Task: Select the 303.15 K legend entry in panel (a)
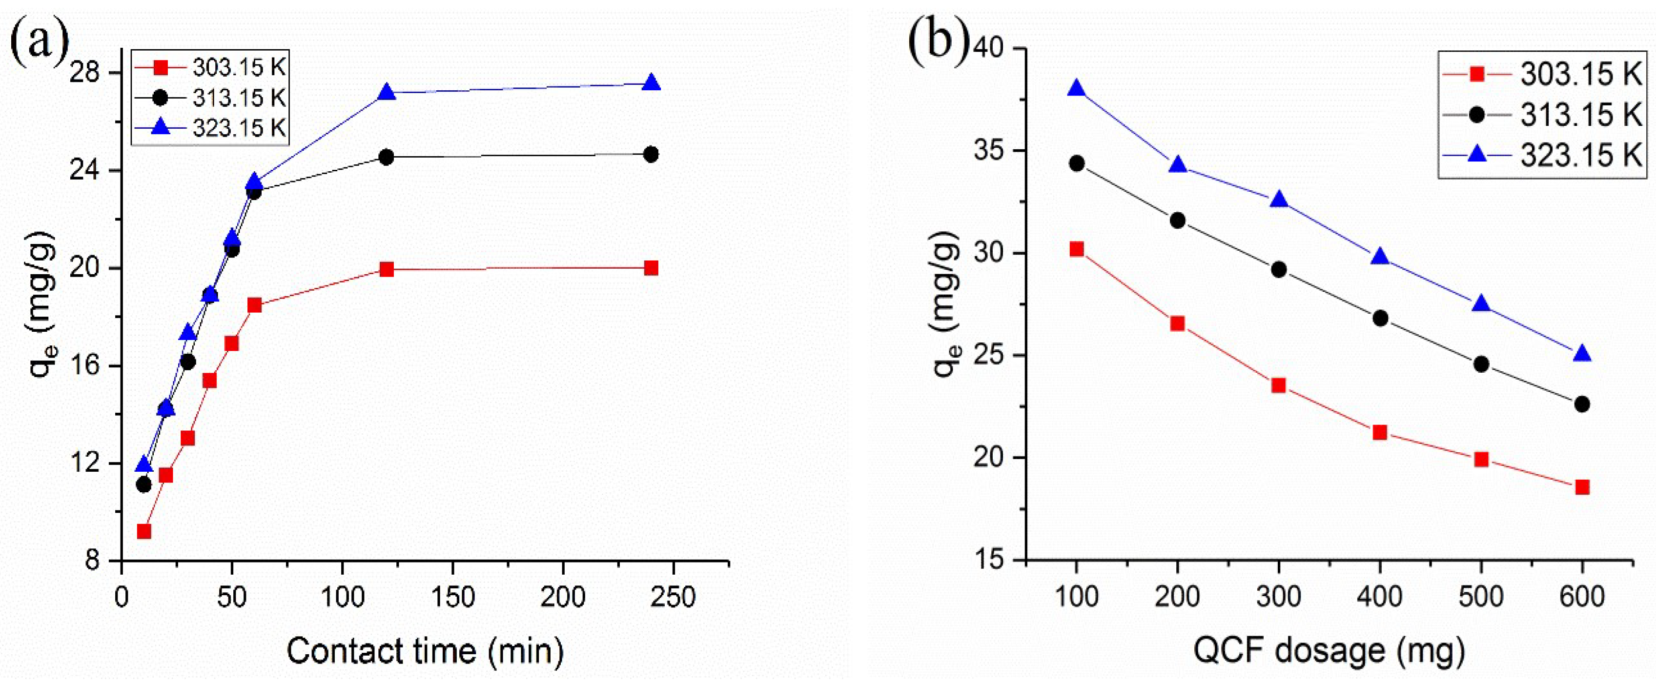coord(238,67)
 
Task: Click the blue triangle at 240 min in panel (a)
coord(651,83)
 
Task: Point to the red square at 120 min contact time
coord(387,269)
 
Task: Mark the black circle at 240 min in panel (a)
coord(651,154)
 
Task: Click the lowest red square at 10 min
coord(144,531)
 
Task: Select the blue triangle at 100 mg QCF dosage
coord(1077,89)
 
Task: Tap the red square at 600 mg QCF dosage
coord(1582,487)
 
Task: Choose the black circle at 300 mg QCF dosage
coord(1279,269)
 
